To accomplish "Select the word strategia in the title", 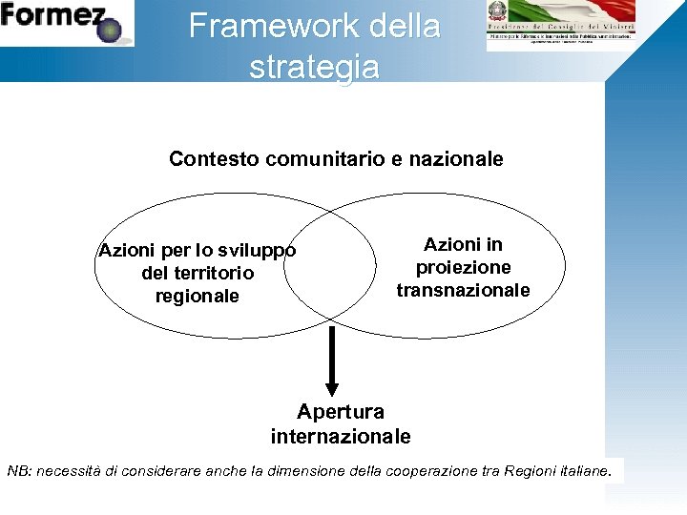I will [x=314, y=67].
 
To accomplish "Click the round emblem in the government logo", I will [x=498, y=12].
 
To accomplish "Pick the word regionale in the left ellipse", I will [x=198, y=296].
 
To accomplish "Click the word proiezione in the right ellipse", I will [x=463, y=267].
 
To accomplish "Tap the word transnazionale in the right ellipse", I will [x=463, y=290].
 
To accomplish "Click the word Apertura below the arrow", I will [x=341, y=412].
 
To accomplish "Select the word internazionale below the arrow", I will [x=341, y=437].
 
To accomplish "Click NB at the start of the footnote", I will [x=18, y=470].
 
